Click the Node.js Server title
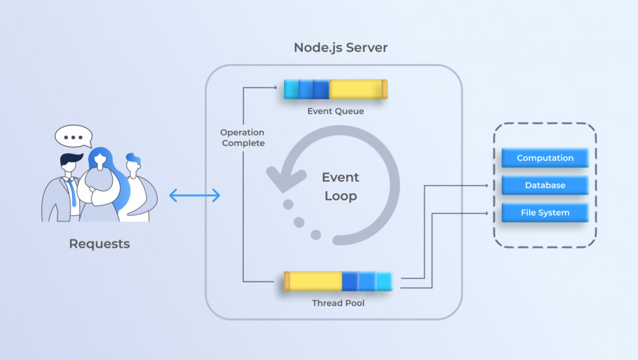340,47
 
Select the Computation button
545,158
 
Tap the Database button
545,185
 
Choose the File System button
545,212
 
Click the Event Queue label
335,111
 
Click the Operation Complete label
243,138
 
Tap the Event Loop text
341,186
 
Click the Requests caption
99,244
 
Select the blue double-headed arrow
195,195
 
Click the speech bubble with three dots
73,137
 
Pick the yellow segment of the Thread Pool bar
315,281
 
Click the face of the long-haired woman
101,162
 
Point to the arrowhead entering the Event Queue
278,89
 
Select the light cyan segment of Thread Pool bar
384,281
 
